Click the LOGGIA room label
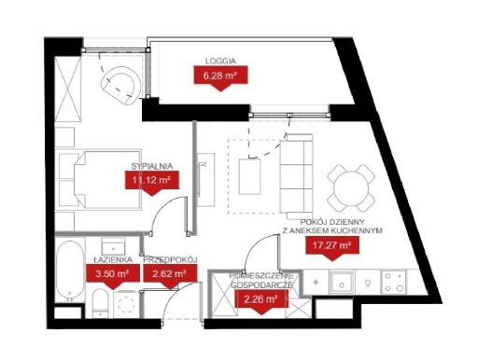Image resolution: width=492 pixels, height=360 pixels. [x=220, y=62]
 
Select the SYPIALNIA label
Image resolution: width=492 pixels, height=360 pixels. [x=152, y=166]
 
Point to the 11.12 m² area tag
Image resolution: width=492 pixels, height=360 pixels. [x=152, y=181]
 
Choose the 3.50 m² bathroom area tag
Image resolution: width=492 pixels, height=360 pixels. [x=112, y=274]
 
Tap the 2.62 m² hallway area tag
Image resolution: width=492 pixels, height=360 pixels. [x=170, y=274]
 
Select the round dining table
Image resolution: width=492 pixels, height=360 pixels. [x=351, y=188]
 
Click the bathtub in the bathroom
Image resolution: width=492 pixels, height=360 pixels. [x=70, y=270]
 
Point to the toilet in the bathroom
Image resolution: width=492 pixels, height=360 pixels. [x=101, y=303]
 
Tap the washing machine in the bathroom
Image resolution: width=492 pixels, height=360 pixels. [x=126, y=304]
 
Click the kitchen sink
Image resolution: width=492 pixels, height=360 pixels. [x=342, y=283]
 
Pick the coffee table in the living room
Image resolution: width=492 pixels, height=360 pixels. [x=249, y=176]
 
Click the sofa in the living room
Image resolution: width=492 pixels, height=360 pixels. [x=297, y=176]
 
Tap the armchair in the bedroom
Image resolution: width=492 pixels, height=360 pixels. [x=120, y=84]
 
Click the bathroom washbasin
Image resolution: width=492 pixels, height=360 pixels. [x=113, y=246]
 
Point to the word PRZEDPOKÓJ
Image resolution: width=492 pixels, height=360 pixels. [x=171, y=259]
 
